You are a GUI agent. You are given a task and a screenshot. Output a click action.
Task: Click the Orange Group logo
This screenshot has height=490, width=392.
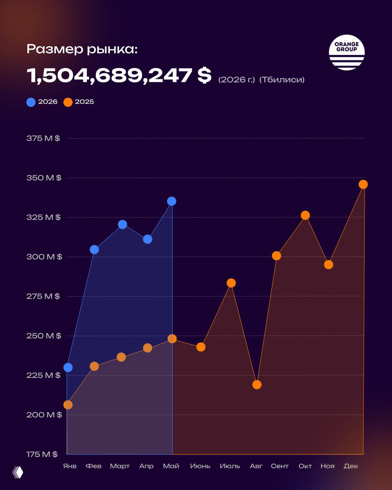tap(346, 52)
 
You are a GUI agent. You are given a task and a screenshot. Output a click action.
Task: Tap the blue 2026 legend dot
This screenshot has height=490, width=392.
tap(31, 102)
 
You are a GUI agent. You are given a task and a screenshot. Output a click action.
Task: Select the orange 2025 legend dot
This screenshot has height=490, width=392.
tap(68, 102)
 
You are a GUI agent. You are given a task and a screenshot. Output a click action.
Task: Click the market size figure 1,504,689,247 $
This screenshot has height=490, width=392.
tap(119, 75)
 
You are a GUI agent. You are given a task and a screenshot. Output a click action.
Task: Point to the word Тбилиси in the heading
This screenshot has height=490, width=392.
tap(282, 80)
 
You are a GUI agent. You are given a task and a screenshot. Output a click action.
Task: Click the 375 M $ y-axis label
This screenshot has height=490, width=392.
tap(43, 138)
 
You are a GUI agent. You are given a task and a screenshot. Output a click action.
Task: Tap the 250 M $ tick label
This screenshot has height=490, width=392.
tap(44, 336)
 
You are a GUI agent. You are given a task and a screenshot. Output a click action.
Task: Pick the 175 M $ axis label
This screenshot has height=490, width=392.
tap(42, 454)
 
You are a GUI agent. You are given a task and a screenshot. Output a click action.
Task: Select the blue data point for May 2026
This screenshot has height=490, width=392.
tap(171, 201)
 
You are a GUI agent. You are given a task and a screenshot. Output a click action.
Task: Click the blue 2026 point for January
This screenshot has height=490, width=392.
tap(68, 367)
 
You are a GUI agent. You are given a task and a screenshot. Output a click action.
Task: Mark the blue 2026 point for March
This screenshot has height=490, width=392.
tap(122, 224)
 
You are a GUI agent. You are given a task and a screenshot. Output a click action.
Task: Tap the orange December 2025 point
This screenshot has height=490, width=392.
tap(363, 185)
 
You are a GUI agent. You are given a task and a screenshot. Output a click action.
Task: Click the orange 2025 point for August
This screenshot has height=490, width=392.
tap(257, 385)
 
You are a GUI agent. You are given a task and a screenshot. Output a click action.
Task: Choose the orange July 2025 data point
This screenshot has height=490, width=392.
tap(231, 283)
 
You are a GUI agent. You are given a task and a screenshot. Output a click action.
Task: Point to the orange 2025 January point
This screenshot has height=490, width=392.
tap(68, 405)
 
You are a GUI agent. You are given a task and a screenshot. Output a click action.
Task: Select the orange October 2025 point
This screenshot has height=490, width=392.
tap(305, 215)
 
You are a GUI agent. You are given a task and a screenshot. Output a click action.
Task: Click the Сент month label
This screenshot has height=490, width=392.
tap(280, 466)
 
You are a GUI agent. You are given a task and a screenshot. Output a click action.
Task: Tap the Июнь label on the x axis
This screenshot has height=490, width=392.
tap(200, 466)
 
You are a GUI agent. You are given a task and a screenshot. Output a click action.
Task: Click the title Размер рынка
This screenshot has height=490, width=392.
tap(82, 49)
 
